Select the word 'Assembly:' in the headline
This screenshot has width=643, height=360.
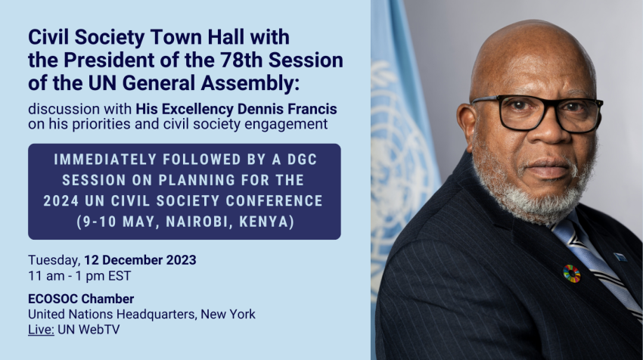(250, 84)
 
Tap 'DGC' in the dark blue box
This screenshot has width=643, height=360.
(303, 160)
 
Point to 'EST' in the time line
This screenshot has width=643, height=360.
(120, 276)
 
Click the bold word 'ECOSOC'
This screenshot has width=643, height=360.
(53, 299)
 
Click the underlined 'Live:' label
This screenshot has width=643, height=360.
(41, 330)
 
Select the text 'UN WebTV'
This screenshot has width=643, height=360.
(89, 330)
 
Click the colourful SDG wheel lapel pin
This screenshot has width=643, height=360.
(571, 274)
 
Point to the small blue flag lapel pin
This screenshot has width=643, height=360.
(620, 257)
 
